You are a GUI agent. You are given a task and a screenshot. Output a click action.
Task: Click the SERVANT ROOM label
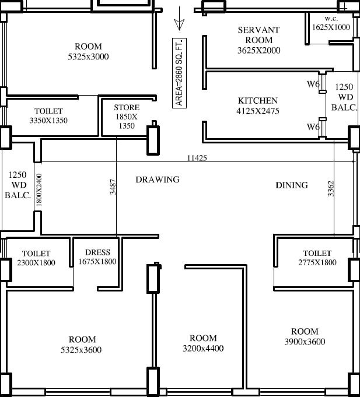tap(258, 40)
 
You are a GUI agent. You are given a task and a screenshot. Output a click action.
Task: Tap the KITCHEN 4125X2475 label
tap(257, 105)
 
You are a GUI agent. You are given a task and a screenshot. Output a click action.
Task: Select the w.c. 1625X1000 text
tap(331, 23)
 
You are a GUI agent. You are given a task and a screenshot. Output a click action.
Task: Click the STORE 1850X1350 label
tap(127, 117)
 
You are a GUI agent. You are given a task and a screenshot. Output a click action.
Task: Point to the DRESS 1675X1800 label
tap(97, 257)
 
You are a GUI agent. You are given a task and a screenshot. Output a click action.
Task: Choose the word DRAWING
tap(158, 180)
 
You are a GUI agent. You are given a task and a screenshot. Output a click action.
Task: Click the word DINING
tap(292, 185)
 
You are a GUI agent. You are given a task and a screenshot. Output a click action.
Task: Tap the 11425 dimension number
tap(197, 158)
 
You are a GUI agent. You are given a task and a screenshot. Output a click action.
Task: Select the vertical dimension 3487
tap(113, 187)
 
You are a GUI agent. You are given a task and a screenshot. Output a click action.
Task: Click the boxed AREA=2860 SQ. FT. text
tap(179, 72)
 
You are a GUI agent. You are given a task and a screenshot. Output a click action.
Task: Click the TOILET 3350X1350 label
tap(48, 115)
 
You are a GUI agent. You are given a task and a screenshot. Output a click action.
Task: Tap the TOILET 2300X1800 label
tap(36, 258)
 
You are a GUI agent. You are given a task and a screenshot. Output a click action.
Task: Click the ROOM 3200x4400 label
tap(203, 343)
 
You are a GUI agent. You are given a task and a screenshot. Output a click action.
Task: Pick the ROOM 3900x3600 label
tap(305, 336)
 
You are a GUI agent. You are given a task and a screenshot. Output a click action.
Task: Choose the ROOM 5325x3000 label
tap(88, 51)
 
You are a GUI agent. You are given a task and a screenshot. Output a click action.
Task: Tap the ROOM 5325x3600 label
tap(82, 345)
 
